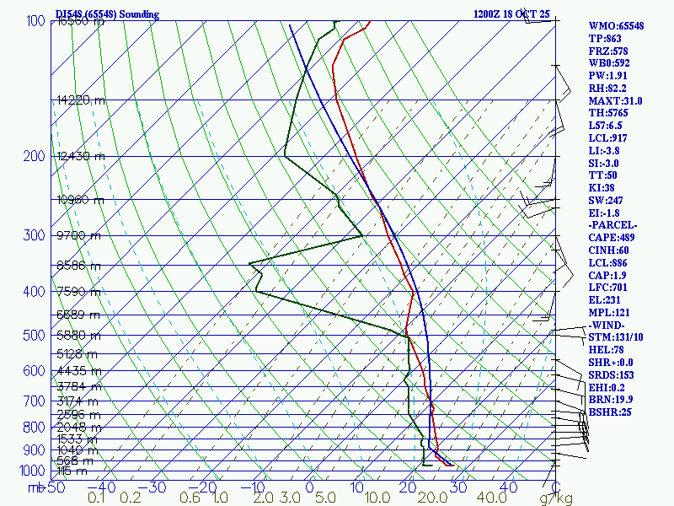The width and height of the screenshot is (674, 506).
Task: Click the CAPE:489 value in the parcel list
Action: (613, 238)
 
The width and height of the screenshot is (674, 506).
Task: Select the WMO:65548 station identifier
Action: (616, 26)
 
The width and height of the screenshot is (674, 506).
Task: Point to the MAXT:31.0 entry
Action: (615, 100)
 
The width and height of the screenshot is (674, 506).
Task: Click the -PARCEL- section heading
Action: (613, 225)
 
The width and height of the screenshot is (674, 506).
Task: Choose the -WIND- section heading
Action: (608, 325)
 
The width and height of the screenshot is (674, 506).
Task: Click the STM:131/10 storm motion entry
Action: (617, 337)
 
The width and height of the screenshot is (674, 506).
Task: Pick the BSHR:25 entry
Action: (610, 412)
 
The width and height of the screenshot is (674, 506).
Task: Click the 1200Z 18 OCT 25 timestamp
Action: (511, 14)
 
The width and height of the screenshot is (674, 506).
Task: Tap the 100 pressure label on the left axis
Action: (35, 21)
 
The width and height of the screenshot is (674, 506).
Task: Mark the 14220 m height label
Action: (82, 100)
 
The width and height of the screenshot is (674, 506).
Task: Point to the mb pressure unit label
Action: (35, 487)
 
